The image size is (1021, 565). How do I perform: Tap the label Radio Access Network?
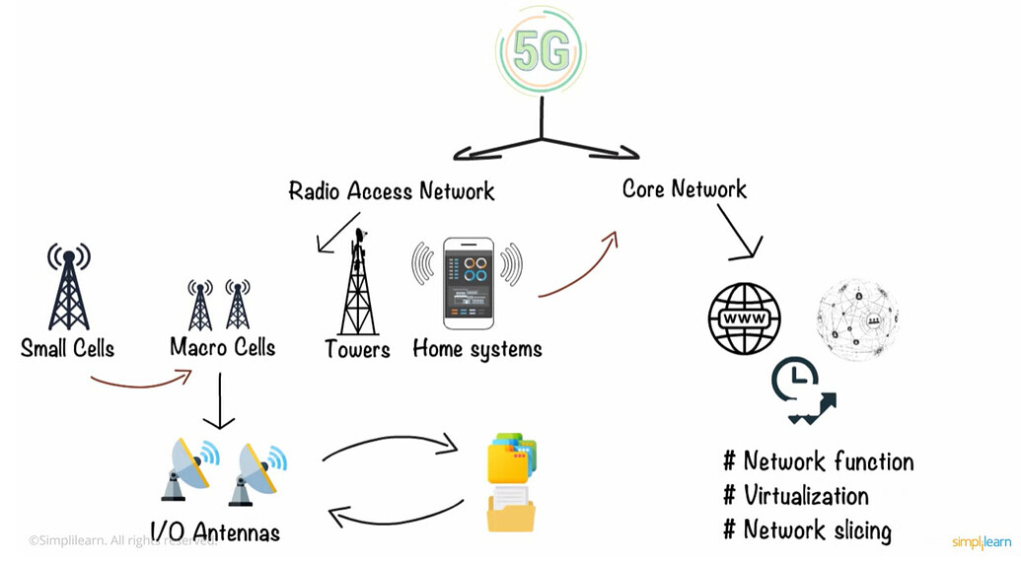coord(392,190)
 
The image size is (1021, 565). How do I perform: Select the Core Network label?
coord(685,188)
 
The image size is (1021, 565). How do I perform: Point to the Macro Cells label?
coord(222,347)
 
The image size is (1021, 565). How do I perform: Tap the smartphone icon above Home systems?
coord(468,283)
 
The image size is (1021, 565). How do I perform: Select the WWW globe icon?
coord(745,318)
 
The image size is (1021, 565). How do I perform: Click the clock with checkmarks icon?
coord(801,390)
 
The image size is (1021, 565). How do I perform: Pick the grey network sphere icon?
coord(857,318)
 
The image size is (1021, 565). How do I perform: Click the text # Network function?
coord(818,461)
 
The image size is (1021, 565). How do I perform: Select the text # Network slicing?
coord(807,530)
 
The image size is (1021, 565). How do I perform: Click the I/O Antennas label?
coord(215,532)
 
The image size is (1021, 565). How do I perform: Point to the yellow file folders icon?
coord(512,484)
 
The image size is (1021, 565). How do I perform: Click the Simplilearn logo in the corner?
coord(981,542)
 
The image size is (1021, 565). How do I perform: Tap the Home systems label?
coord(476,349)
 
